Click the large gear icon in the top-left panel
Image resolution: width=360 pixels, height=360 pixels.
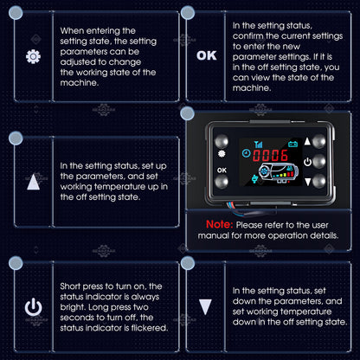(x=33, y=56)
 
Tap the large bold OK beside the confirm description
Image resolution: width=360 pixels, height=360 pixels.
(x=207, y=55)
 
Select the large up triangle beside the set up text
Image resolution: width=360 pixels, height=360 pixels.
(x=33, y=182)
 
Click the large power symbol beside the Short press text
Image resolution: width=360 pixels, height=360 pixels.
(x=33, y=307)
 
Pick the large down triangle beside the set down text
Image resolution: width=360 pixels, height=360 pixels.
(x=205, y=307)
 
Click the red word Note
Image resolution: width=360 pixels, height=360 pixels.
(x=219, y=224)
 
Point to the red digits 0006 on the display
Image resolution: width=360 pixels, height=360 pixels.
(x=270, y=156)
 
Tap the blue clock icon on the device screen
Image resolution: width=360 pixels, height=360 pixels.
(x=246, y=153)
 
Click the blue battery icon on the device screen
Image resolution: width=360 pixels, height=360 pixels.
(x=292, y=144)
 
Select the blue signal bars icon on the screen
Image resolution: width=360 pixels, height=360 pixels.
(x=258, y=144)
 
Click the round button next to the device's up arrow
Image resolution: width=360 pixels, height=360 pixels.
(x=319, y=141)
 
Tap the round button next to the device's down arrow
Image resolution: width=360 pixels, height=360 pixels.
(x=319, y=181)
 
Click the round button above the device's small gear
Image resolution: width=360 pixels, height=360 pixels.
(x=222, y=141)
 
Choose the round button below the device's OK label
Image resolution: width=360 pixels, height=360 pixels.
(x=222, y=182)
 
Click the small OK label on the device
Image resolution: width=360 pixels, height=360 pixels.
(x=222, y=170)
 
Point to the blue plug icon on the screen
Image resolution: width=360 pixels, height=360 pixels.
(x=254, y=179)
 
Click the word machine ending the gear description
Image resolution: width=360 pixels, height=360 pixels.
(x=80, y=83)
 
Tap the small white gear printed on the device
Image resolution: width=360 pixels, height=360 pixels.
(x=222, y=154)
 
